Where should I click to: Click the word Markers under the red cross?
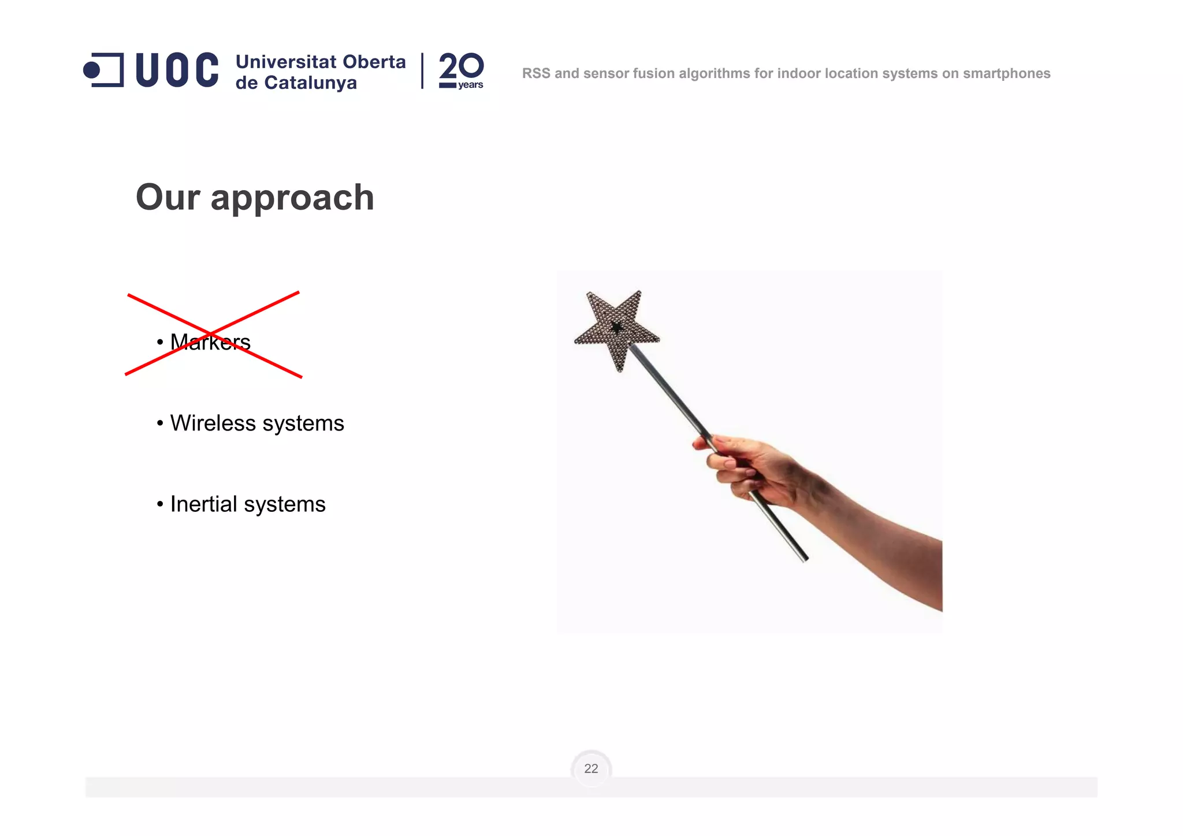[210, 342]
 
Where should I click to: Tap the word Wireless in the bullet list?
[213, 423]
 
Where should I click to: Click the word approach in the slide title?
[292, 198]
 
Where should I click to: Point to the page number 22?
[591, 768]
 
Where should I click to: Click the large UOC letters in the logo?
[177, 70]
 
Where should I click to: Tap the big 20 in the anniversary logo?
[461, 66]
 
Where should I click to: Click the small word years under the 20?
[470, 85]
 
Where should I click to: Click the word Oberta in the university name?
[374, 62]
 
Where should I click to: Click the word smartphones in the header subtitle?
[1006, 74]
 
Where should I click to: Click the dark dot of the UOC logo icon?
[91, 70]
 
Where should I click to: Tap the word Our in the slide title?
[168, 198]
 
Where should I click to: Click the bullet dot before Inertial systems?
[160, 504]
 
